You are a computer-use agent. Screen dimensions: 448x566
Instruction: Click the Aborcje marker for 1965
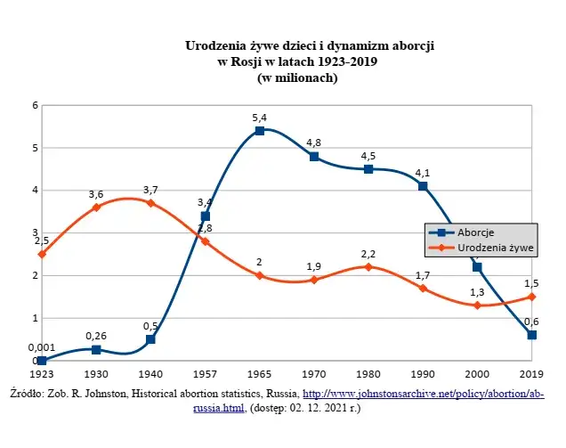259,130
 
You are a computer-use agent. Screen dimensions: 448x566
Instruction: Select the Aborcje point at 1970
313,156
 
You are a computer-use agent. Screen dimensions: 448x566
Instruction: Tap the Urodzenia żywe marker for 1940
150,203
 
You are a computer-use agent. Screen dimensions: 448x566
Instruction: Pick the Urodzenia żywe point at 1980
368,266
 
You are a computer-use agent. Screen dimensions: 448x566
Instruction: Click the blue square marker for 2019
531,335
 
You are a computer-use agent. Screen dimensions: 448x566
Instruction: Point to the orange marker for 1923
42,254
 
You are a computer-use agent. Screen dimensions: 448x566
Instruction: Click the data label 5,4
259,117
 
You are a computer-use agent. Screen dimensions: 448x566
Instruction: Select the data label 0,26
96,336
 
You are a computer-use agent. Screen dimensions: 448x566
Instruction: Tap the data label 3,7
150,190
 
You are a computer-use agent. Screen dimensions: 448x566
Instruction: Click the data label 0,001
41,347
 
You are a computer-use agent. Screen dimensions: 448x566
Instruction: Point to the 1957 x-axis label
205,375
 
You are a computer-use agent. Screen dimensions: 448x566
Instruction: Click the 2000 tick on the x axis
477,375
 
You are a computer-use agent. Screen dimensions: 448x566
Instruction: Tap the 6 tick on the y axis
35,105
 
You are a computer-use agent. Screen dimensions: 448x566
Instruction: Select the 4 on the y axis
35,191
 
